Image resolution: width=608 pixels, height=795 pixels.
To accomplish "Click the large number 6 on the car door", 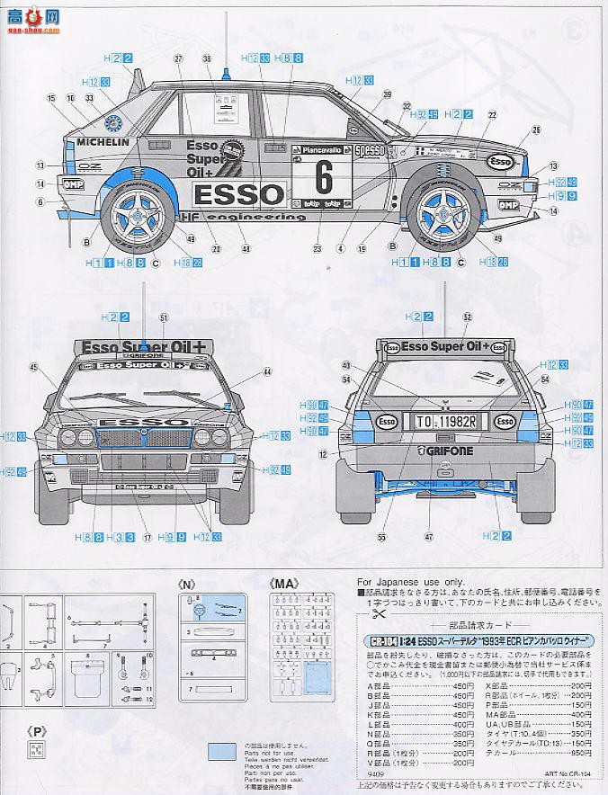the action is pyautogui.click(x=324, y=177).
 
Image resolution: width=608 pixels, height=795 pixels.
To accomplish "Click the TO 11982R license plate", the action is pyautogui.click(x=439, y=419).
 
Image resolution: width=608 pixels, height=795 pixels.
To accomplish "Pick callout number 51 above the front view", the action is pyautogui.click(x=164, y=317).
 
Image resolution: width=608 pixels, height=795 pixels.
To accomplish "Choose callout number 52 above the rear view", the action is pyautogui.click(x=466, y=317).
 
